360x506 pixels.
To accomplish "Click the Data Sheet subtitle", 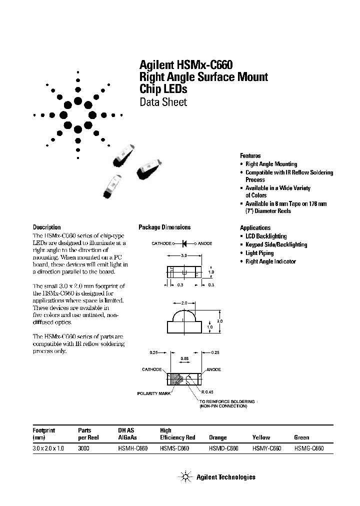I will [x=162, y=102].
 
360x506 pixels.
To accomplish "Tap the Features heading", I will [x=250, y=155].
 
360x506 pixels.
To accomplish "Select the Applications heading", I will [x=255, y=227].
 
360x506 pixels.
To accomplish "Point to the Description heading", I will [x=46, y=227].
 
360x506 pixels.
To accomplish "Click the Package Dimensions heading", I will [x=164, y=227].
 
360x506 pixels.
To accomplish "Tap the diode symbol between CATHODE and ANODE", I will [x=184, y=243].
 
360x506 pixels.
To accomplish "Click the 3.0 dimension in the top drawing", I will [x=183, y=255].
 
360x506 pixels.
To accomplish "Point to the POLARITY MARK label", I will [x=154, y=393].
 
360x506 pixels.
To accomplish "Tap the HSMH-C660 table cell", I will [x=132, y=448].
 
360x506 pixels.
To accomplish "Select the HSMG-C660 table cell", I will [x=309, y=448].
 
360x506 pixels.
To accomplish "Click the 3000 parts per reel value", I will [x=84, y=448].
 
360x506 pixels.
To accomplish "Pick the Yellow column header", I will [x=261, y=437].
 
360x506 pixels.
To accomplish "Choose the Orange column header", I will [x=218, y=437].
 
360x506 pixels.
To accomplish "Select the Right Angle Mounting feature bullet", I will [x=271, y=164].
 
